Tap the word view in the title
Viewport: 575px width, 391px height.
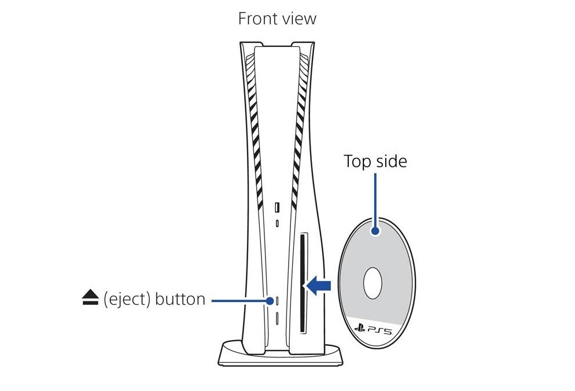click(x=299, y=19)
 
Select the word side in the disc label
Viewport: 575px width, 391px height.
click(x=392, y=161)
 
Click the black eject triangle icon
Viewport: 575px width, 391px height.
click(x=90, y=297)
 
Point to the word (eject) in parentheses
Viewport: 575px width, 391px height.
click(x=127, y=299)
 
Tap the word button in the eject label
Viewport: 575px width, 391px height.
click(x=180, y=299)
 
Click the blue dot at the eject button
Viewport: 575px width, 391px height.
click(x=270, y=301)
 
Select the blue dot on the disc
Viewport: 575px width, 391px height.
click(x=375, y=231)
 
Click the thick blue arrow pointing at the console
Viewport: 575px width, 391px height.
click(x=318, y=286)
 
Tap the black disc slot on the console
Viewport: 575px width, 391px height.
click(x=303, y=283)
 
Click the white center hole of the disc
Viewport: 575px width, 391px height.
click(x=373, y=283)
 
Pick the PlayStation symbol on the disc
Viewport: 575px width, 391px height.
click(x=360, y=328)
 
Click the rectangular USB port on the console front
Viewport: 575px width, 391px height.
click(x=277, y=207)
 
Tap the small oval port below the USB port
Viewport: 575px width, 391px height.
click(x=277, y=223)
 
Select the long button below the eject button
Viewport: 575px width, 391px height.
click(x=277, y=318)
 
